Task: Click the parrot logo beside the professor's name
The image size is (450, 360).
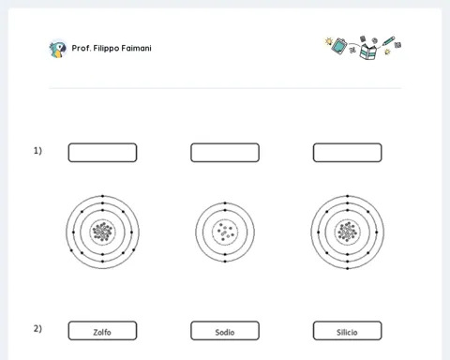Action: [58, 49]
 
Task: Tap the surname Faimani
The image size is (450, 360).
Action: [136, 48]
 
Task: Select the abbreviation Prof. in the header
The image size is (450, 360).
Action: [82, 48]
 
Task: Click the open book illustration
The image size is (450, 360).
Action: [367, 52]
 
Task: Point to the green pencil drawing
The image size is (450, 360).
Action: [388, 41]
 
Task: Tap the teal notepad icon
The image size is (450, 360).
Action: [339, 46]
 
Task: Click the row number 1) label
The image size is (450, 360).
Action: [37, 151]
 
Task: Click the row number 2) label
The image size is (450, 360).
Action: [37, 329]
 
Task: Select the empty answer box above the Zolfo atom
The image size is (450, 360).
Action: [102, 153]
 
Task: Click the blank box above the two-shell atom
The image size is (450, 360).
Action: [225, 153]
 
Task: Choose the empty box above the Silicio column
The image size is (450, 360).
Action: [348, 153]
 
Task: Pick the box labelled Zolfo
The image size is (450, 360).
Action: [102, 331]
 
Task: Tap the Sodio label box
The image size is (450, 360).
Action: [225, 331]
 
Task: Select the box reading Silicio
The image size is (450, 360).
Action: [348, 331]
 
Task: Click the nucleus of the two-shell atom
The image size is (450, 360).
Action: [225, 232]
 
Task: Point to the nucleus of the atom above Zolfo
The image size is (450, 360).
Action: [102, 232]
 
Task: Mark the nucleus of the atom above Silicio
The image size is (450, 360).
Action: [348, 232]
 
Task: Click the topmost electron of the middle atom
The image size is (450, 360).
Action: [225, 203]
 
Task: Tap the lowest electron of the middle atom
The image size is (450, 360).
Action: [225, 262]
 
